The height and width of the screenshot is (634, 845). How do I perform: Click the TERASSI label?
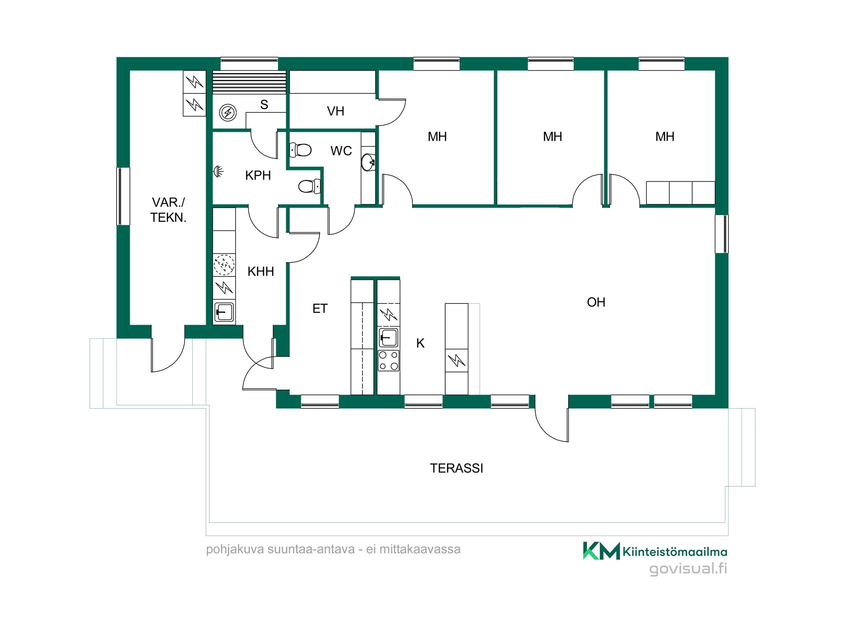click(x=456, y=468)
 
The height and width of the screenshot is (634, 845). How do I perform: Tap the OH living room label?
click(x=596, y=302)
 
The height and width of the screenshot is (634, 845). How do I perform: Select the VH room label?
click(x=335, y=111)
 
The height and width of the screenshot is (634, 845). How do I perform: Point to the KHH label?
click(x=261, y=271)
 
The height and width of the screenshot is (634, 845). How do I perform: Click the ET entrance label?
click(x=320, y=309)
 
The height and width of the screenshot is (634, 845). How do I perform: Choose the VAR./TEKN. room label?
click(x=168, y=210)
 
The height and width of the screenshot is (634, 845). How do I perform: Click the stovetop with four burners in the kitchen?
click(x=389, y=361)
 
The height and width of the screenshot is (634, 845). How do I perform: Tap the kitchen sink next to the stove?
click(x=389, y=338)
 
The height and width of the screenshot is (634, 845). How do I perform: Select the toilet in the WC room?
click(x=300, y=150)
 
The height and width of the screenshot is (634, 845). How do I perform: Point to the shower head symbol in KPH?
click(x=218, y=171)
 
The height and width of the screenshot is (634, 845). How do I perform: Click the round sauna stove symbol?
click(x=228, y=113)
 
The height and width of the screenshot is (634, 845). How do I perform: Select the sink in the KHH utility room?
click(x=224, y=312)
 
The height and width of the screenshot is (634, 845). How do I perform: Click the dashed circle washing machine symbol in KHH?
click(x=224, y=265)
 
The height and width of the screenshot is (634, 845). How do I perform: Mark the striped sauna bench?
click(x=249, y=82)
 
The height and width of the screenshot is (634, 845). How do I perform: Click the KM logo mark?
click(x=602, y=551)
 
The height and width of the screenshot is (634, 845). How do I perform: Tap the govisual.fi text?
click(x=688, y=568)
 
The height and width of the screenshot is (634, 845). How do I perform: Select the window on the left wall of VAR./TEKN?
click(x=123, y=196)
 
